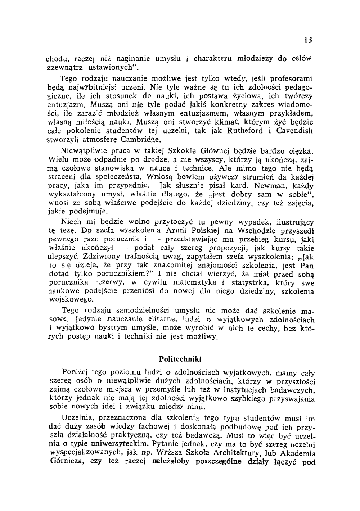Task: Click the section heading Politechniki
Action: [x=180, y=359]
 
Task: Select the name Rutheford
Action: [x=245, y=131]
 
